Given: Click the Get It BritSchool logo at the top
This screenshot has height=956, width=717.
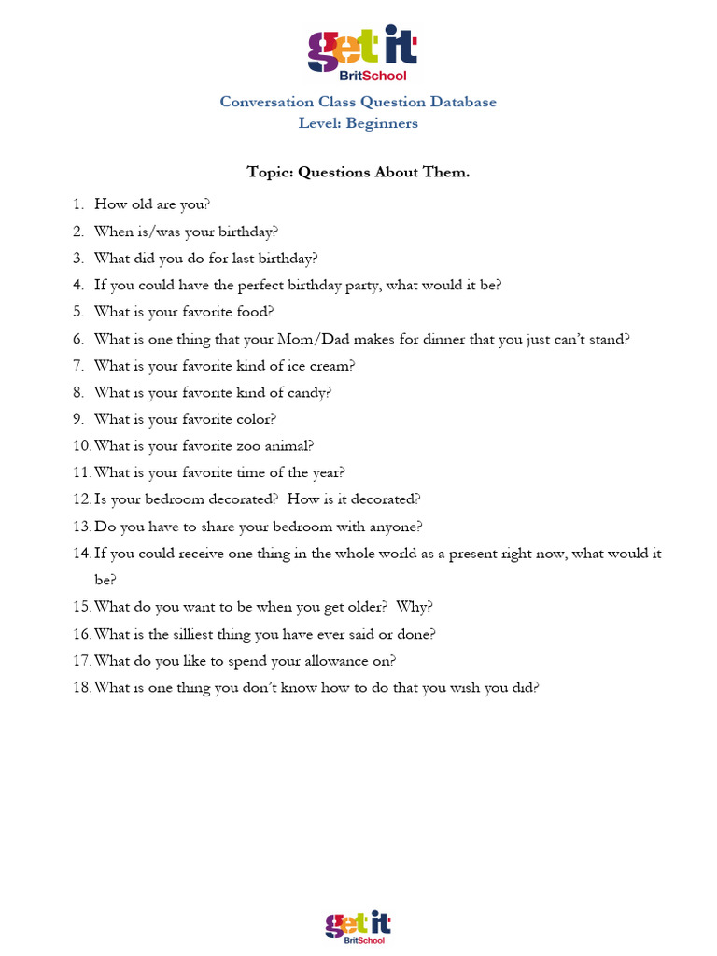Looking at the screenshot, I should click(358, 53).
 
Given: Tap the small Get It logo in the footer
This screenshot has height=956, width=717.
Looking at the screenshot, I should click(358, 926).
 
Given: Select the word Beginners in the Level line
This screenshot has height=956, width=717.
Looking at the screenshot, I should click(382, 123).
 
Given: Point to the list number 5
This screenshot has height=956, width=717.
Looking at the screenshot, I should click(78, 312).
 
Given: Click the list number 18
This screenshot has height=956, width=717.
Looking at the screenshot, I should click(81, 688).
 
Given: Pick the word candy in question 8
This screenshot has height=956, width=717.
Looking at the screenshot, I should click(309, 392).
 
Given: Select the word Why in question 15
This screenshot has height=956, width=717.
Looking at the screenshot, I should click(413, 607).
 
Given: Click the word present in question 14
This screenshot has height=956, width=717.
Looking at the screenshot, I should click(451, 554).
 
